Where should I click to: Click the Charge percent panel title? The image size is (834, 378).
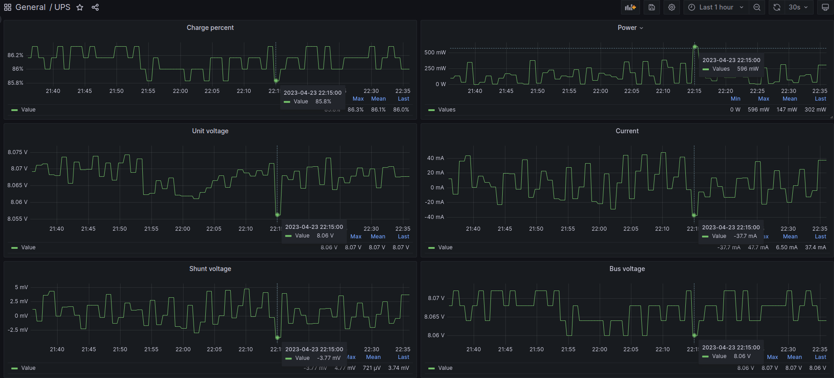click(x=210, y=28)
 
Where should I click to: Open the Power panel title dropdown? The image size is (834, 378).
click(x=630, y=28)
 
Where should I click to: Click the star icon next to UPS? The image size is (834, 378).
click(x=80, y=7)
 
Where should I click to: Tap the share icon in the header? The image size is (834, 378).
click(x=95, y=7)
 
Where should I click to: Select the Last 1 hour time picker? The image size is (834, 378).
click(x=716, y=7)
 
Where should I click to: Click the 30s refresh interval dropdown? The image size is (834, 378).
click(x=798, y=7)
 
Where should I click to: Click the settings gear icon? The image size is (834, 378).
click(x=672, y=7)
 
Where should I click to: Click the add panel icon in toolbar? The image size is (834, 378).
click(x=630, y=7)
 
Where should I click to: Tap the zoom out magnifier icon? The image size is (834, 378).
click(x=757, y=7)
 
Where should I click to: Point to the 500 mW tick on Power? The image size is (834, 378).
click(x=435, y=53)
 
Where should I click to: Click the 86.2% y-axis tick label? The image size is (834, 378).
click(x=15, y=55)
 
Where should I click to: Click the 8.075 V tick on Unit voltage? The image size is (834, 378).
click(x=17, y=152)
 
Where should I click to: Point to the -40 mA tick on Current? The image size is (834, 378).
click(x=434, y=217)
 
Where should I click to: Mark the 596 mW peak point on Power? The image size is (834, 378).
click(x=694, y=47)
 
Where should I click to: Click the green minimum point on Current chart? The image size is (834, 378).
click(x=694, y=215)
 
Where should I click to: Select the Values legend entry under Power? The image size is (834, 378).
click(x=446, y=110)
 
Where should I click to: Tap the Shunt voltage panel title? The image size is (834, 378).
click(x=210, y=269)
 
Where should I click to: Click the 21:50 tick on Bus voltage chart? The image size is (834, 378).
click(x=537, y=349)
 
